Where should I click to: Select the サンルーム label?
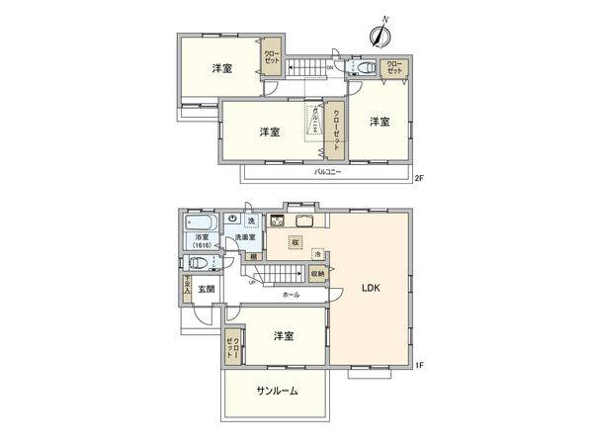[278, 392]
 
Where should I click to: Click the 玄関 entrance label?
[206, 289]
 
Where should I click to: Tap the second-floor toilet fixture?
[363, 67]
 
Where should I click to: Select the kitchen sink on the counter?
[303, 220]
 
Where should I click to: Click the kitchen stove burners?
[278, 220]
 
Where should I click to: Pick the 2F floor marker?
[418, 179]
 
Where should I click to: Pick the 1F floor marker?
[418, 367]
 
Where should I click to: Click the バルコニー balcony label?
[328, 172]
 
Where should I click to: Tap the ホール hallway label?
[291, 295]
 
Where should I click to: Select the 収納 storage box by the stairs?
[317, 273]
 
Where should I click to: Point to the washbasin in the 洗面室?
[232, 220]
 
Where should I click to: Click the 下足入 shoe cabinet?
[186, 288]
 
